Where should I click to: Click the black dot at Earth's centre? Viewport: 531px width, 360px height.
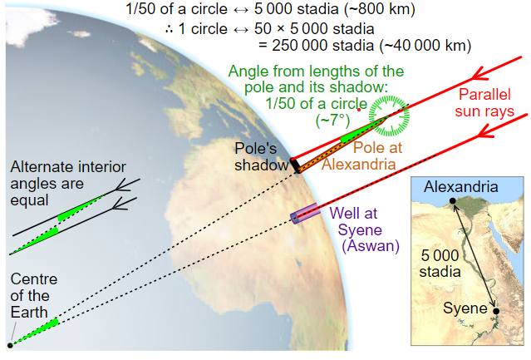10,343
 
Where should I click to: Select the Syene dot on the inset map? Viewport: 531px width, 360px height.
496,311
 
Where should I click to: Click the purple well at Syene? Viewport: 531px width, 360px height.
303,214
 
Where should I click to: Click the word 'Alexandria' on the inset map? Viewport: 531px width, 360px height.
460,185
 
